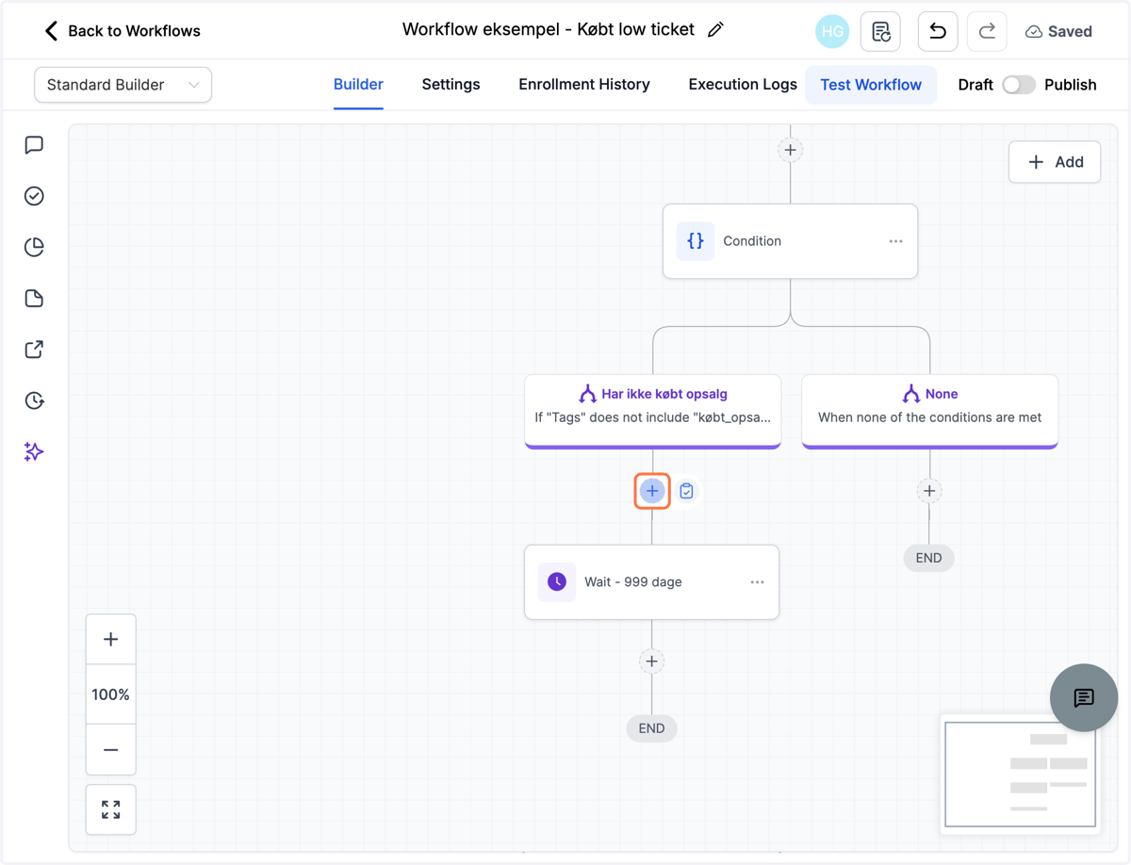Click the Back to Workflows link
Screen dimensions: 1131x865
123,31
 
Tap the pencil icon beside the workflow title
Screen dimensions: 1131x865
715,30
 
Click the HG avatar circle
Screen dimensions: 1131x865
832,31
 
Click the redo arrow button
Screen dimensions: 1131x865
987,31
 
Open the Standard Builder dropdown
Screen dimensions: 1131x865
123,85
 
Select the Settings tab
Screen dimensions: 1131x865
451,84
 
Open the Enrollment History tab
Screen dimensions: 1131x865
584,84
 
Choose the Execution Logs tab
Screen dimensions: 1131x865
743,84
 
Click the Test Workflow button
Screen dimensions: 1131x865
871,85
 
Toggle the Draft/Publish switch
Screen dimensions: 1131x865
1019,85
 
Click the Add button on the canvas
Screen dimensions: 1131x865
1055,162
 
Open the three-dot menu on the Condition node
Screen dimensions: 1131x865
896,241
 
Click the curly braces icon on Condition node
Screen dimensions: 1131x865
695,241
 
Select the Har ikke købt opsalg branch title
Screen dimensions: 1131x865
664,394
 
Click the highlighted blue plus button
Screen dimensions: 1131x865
652,491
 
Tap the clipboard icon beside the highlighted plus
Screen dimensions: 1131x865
686,491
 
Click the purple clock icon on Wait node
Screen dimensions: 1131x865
556,582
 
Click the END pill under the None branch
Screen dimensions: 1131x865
928,558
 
